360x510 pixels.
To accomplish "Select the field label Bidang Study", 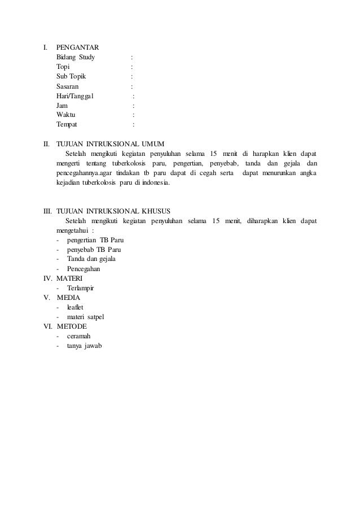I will tap(76, 57).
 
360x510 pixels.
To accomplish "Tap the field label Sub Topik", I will tap(71, 76).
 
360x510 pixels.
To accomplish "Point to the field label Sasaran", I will tap(68, 86).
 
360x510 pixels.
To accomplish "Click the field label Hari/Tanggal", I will tap(76, 95).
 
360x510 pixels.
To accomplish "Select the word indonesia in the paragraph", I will tap(157, 183).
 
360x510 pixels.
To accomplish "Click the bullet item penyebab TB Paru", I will tap(94, 249).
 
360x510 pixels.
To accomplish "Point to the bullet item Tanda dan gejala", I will tap(91, 259).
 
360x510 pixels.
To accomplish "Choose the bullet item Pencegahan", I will tap(84, 268).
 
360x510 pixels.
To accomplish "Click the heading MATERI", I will tap(69, 278).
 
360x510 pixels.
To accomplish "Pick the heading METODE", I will tap(72, 326).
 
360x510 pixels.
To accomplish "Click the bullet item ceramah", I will tap(79, 335).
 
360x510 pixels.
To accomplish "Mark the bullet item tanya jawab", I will tap(85, 345).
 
